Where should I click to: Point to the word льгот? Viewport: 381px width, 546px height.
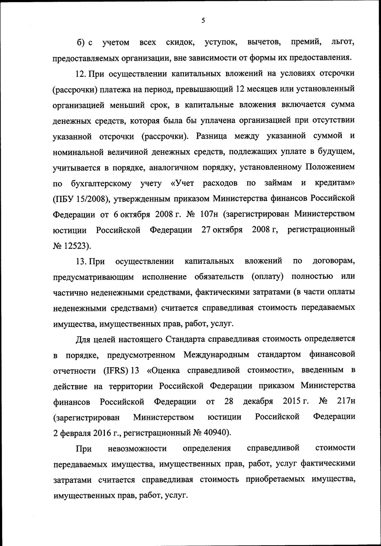pyautogui.click(x=343, y=42)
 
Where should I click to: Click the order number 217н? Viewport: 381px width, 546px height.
pyautogui.click(x=343, y=401)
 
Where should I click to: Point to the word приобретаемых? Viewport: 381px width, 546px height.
pyautogui.click(x=275, y=480)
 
